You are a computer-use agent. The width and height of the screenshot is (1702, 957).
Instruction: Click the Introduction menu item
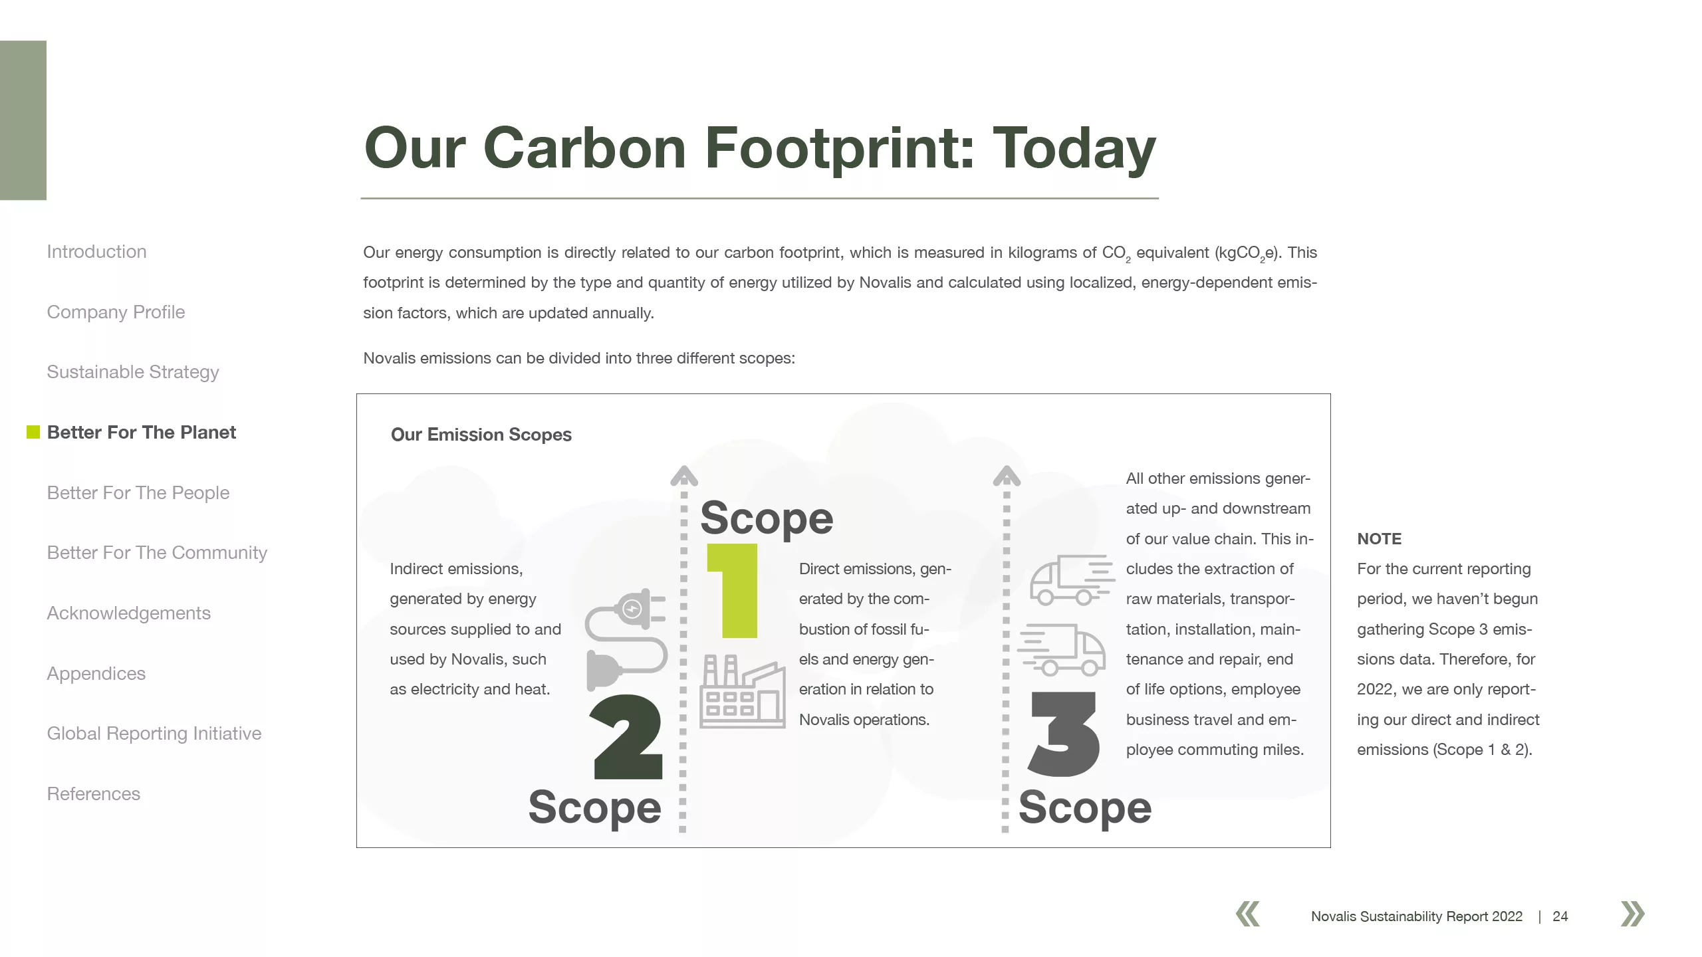[x=96, y=252]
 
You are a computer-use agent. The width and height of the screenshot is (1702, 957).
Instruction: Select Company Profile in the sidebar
[x=116, y=312]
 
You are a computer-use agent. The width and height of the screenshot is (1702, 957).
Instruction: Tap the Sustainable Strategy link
[x=133, y=372]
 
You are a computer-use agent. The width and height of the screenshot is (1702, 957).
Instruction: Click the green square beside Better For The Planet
[x=33, y=432]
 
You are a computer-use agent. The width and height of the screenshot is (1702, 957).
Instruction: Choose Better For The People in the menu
[x=138, y=493]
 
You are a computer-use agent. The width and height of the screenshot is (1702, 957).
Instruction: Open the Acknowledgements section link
[x=128, y=613]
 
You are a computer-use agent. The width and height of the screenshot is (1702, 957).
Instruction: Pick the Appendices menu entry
[x=96, y=674]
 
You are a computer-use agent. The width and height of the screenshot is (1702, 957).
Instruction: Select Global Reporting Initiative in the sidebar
[x=154, y=734]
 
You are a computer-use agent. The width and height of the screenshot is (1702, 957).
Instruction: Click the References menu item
[x=93, y=794]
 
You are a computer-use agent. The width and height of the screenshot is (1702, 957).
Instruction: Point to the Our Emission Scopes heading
[x=481, y=435]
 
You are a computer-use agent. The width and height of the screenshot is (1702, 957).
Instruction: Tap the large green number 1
[x=733, y=591]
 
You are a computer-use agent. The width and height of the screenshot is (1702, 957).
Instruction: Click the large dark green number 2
[x=627, y=736]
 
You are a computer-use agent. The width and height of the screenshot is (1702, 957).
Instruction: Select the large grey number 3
[x=1064, y=734]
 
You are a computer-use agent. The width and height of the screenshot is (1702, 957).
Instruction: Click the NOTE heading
[x=1379, y=539]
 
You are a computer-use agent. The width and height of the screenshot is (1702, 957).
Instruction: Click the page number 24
[x=1560, y=916]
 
